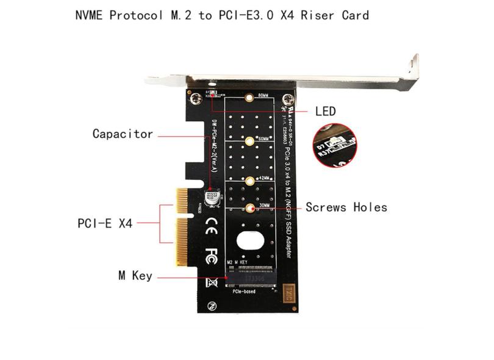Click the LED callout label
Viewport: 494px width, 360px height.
(x=325, y=111)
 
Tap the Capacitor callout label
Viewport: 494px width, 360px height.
(x=123, y=134)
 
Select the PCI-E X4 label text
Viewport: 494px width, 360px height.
(x=105, y=223)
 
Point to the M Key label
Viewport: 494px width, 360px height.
(x=135, y=276)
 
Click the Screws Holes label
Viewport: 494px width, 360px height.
(x=346, y=207)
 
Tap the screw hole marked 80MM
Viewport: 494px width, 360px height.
(x=249, y=97)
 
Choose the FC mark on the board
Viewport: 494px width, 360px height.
(x=212, y=252)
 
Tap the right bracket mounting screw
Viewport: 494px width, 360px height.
(x=288, y=99)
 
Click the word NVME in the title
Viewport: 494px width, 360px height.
(x=89, y=15)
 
